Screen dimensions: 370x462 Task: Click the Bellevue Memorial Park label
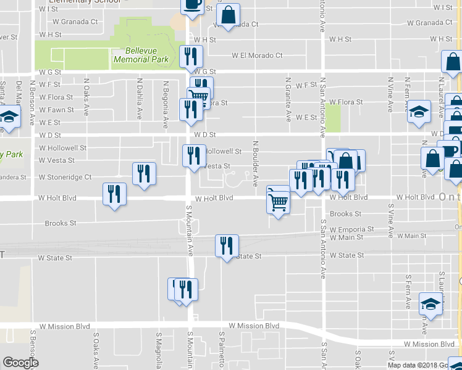pyautogui.click(x=141, y=55)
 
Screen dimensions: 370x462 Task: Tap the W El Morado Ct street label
pyautogui.click(x=257, y=55)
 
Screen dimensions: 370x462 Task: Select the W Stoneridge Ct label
pyautogui.click(x=65, y=177)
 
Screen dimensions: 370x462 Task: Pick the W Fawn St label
pyautogui.click(x=56, y=110)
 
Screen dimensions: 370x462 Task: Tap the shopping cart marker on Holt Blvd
pyautogui.click(x=279, y=202)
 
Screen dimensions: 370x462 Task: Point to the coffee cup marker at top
pyautogui.click(x=192, y=5)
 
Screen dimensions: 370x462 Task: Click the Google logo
pyautogui.click(x=20, y=363)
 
